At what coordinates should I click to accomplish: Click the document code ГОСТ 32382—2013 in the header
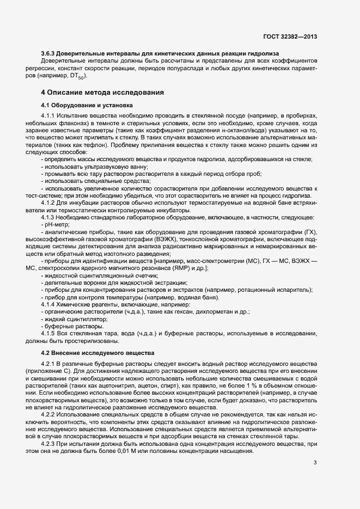[x=290, y=36]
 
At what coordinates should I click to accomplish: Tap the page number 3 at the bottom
[x=315, y=463]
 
